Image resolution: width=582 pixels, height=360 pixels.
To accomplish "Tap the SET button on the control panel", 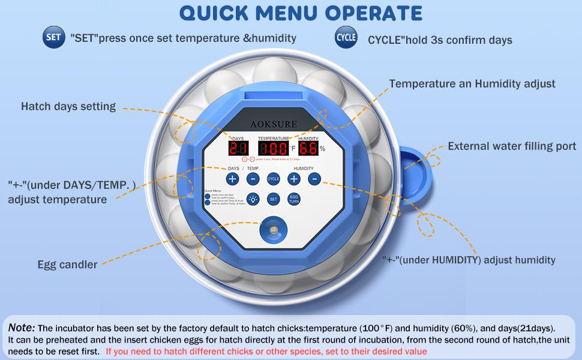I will [273, 199].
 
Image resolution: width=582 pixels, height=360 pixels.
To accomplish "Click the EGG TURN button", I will [294, 199].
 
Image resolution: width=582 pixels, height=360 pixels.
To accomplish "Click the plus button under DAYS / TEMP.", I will [232, 179].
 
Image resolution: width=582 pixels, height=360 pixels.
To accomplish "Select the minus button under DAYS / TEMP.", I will [253, 179].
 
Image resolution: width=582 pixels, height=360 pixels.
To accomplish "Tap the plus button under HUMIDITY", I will [294, 179].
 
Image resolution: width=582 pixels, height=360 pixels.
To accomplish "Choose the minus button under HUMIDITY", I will [314, 179].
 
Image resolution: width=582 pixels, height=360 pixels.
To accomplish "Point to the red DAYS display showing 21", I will [238, 149].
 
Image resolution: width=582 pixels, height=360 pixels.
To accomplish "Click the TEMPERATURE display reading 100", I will [273, 149].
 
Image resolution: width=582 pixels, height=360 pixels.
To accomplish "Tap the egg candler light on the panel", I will [272, 230].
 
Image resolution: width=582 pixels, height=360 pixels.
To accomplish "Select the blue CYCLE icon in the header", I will [346, 37].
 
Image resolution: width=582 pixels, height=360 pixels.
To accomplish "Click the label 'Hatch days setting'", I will [68, 107].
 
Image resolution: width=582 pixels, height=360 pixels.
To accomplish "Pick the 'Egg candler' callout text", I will [67, 265].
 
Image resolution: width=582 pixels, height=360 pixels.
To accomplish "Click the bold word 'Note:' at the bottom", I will [21, 328].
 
